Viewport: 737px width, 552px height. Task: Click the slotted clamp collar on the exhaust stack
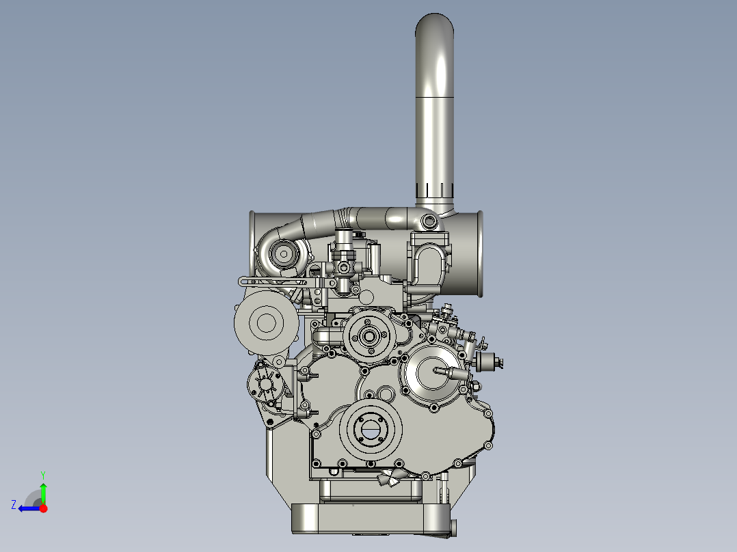pyautogui.click(x=434, y=190)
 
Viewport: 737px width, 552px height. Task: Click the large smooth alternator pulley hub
pyautogui.click(x=266, y=322)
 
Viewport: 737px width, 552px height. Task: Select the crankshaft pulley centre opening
pyautogui.click(x=371, y=429)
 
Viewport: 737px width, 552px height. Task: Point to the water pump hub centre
pyautogui.click(x=368, y=335)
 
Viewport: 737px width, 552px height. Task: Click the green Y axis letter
pyautogui.click(x=43, y=475)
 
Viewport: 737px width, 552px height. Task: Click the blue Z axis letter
pyautogui.click(x=14, y=505)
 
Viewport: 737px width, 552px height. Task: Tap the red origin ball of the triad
pyautogui.click(x=43, y=508)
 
